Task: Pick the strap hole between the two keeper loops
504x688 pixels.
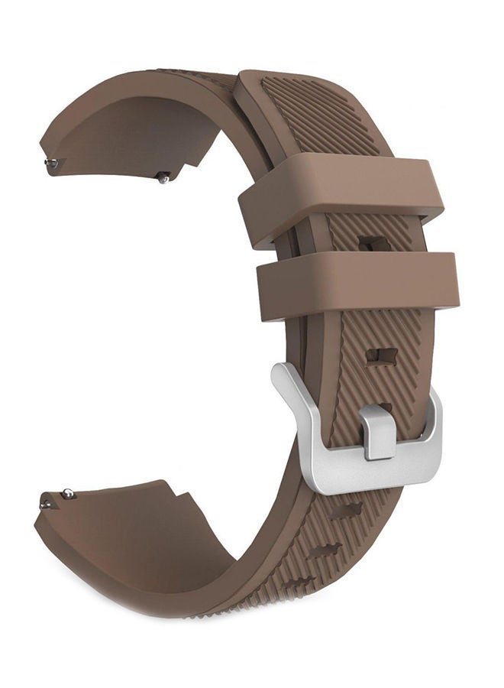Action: point(373,244)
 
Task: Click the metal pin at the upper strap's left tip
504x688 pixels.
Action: point(50,162)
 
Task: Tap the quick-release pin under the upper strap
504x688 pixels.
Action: point(163,178)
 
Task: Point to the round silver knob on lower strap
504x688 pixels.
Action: point(68,493)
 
